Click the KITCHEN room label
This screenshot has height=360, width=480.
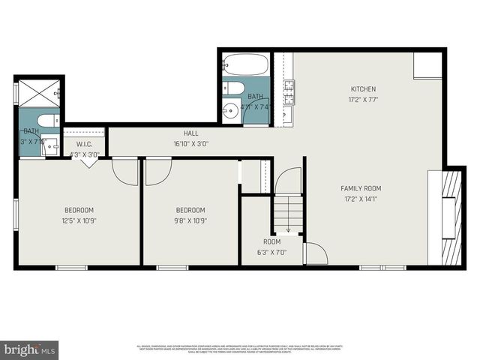pos(363,89)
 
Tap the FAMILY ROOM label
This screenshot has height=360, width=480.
pos(361,188)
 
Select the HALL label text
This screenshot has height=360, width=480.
pos(191,133)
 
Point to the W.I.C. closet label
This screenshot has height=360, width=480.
pos(83,145)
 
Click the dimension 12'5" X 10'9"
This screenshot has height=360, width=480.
pos(78,220)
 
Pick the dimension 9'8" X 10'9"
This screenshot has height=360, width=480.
pos(190,220)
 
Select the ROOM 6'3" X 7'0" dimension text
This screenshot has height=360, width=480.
pos(271,252)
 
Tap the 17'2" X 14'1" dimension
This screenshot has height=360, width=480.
pos(361,199)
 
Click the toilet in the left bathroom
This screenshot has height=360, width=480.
pos(47,121)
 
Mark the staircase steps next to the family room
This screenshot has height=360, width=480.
pos(287,214)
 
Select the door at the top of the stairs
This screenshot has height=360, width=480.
pos(289,181)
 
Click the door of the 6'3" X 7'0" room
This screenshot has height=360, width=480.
pos(315,253)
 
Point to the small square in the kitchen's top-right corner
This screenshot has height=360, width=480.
pos(427,65)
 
